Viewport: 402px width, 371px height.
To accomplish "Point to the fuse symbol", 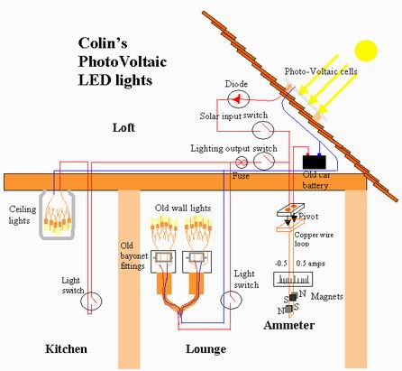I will [242, 162].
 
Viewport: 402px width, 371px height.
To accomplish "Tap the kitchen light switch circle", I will [98, 293].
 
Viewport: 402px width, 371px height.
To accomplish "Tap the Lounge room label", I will [191, 348].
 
